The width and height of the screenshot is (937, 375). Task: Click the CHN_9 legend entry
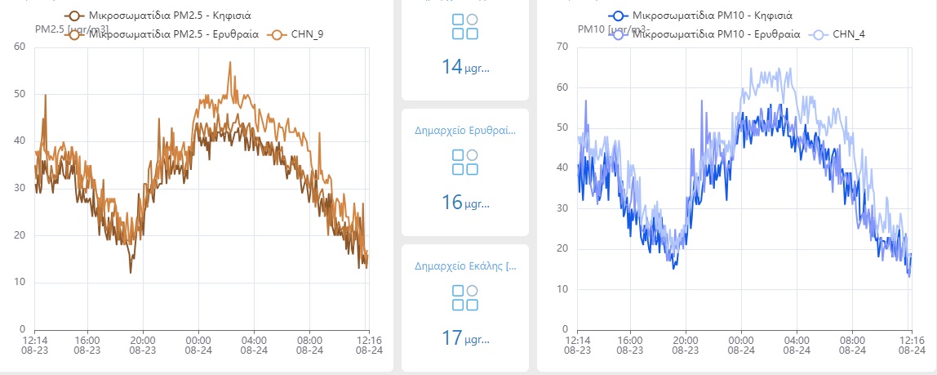tap(306, 34)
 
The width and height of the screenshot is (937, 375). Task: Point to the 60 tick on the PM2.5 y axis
tap(20, 47)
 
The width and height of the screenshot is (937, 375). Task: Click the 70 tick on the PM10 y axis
tap(561, 47)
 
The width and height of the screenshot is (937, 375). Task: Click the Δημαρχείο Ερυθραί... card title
tap(464, 130)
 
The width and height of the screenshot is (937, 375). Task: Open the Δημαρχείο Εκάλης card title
tap(464, 266)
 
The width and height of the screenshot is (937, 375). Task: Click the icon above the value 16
tap(464, 161)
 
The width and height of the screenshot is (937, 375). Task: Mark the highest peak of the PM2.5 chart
tap(230, 62)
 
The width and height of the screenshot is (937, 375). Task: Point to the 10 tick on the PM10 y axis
tap(561, 289)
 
